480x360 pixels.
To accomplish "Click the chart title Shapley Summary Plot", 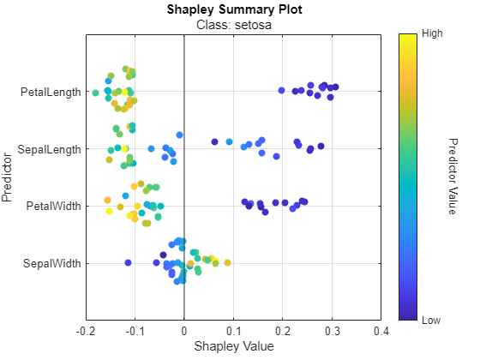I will point(231,9).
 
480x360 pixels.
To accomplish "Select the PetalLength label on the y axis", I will point(51,92).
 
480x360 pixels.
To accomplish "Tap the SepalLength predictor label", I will point(50,149).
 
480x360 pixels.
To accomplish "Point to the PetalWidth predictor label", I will point(53,206).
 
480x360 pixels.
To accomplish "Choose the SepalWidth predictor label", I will point(52,263).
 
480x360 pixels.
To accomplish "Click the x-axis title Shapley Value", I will point(231,346).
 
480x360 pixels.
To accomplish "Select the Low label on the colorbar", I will point(432,320).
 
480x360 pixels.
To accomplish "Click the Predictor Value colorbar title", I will point(453,177).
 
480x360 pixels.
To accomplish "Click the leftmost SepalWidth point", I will point(128,263).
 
